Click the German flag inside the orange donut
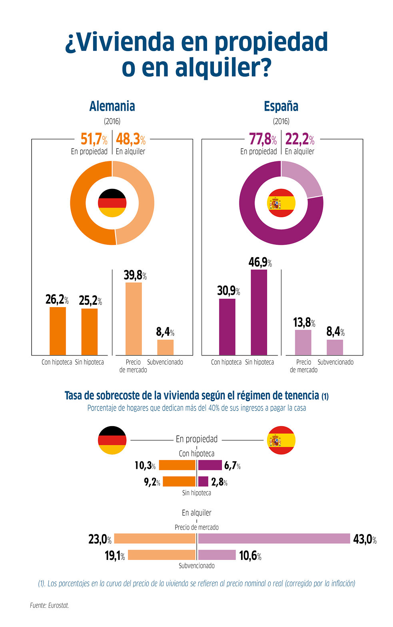[x=112, y=203]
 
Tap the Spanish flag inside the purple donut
[x=281, y=203]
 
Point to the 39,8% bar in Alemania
[x=134, y=319]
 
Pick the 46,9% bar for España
[x=259, y=312]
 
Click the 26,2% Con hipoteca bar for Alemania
[x=58, y=331]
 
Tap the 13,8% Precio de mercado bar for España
[x=303, y=342]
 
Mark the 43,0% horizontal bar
[x=274, y=538]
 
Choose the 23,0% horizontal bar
[x=155, y=538]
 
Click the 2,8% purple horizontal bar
[x=203, y=481]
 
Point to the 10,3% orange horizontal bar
[x=177, y=465]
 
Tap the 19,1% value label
[x=115, y=556]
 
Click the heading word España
[x=281, y=106]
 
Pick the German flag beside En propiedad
[x=112, y=440]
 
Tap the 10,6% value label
[x=250, y=556]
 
